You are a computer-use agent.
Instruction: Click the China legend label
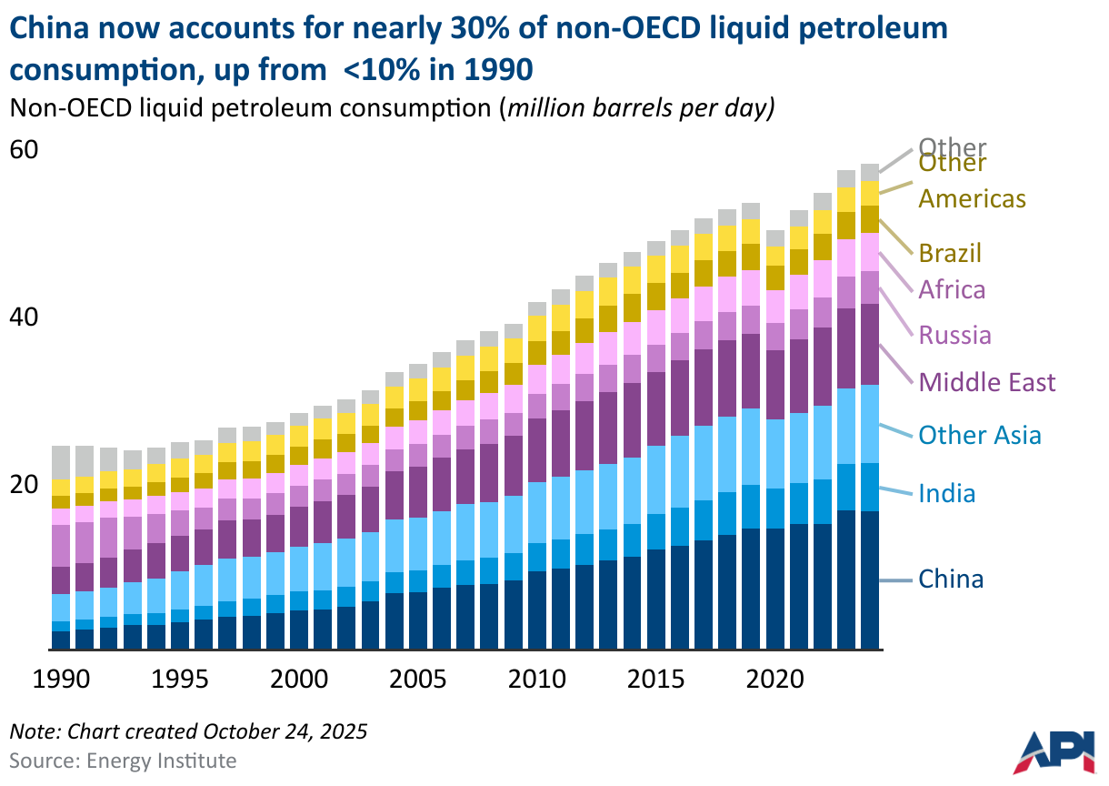click(951, 579)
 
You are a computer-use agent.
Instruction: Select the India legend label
click(946, 494)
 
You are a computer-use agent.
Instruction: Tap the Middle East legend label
click(987, 382)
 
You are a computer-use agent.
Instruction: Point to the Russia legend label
click(954, 336)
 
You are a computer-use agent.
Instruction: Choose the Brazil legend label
click(950, 254)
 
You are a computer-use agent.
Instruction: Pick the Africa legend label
click(952, 290)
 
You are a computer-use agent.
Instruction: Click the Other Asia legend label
click(980, 436)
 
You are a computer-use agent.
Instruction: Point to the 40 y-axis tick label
click(24, 317)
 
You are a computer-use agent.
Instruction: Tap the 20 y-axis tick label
click(24, 485)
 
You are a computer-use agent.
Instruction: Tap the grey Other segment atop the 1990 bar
click(61, 462)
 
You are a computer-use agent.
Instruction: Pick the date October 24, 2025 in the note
click(285, 731)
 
